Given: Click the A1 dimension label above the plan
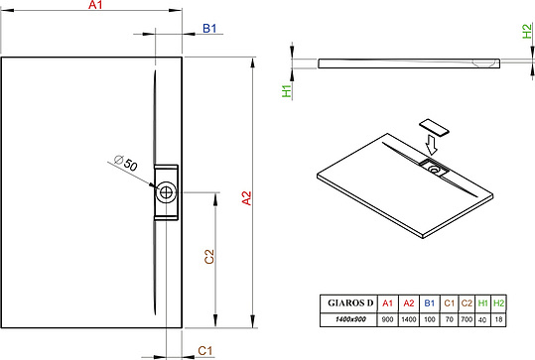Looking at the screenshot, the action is [x=95, y=5].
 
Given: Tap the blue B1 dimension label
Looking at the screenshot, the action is [x=209, y=29].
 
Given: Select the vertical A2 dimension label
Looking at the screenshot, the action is [x=247, y=198].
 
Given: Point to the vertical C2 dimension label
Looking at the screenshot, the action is [x=209, y=257].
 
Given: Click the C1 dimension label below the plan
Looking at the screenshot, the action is [x=205, y=350].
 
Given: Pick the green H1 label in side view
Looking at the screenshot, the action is [x=287, y=91].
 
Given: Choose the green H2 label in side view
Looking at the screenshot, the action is [x=527, y=31].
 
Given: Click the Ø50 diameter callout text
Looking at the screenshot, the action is [x=126, y=163].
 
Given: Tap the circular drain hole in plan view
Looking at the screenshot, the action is [x=166, y=192].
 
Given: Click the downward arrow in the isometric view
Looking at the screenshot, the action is [x=431, y=145].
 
